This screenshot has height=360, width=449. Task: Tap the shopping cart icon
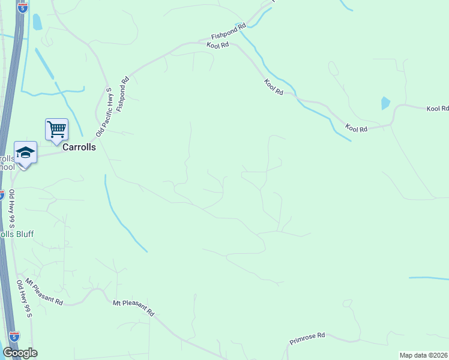pyautogui.click(x=56, y=130)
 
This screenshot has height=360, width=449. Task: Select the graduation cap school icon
pyautogui.click(x=26, y=152)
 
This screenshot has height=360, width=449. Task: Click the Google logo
pyautogui.click(x=20, y=353)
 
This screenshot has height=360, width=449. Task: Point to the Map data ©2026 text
pyautogui.click(x=424, y=355)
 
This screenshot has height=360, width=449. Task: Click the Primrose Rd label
pyautogui.click(x=307, y=338)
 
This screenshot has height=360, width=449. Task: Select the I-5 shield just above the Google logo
pyautogui.click(x=14, y=337)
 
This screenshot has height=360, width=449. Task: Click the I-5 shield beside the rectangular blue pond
pyautogui.click(x=22, y=8)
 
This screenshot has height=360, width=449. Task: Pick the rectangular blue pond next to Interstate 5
pyautogui.click(x=37, y=22)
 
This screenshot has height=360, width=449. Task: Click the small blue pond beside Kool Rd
pyautogui.click(x=385, y=103)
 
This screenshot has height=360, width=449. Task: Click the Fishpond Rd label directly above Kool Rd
pyautogui.click(x=229, y=31)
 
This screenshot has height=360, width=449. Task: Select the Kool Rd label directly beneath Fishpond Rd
pyautogui.click(x=218, y=44)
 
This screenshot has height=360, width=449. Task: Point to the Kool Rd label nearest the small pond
pyautogui.click(x=438, y=109)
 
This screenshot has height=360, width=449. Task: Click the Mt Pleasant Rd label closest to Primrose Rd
pyautogui.click(x=134, y=308)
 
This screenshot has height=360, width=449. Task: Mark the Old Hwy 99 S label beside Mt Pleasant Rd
pyautogui.click(x=25, y=299)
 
